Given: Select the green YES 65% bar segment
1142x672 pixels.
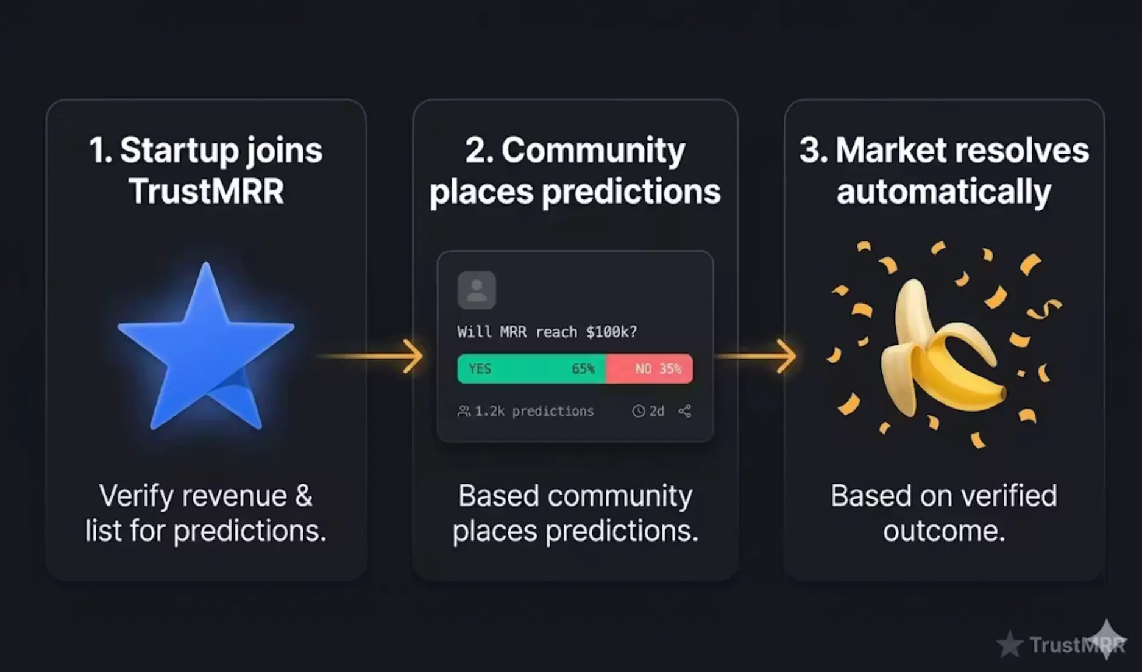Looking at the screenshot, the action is click(531, 369).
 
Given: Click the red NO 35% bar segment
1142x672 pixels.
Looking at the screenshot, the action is click(650, 369).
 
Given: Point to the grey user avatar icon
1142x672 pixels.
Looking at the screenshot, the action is click(477, 290).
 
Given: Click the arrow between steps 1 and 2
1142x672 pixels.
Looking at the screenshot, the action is click(371, 356).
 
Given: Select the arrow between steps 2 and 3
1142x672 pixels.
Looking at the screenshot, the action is click(756, 356).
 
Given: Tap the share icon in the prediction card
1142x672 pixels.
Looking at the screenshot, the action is click(685, 411).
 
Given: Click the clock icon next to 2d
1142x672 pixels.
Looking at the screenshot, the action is click(638, 411).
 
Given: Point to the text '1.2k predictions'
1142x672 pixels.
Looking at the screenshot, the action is click(534, 411).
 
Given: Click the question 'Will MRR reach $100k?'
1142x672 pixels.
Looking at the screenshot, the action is click(547, 332).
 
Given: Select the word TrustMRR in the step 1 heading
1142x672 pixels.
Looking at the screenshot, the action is click(206, 191).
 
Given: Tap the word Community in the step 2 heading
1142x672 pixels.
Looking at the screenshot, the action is click(593, 151).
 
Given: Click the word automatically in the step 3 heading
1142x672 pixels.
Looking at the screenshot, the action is click(944, 192).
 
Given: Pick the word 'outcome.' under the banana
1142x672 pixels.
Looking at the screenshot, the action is click(944, 531).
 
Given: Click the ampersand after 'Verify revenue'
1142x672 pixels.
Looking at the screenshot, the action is click(303, 496).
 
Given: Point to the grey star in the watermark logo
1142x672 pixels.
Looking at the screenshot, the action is click(1010, 645).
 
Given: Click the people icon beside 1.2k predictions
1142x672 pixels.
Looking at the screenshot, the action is click(464, 411).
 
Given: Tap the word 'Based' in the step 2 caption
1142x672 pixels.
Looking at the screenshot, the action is click(498, 496).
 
